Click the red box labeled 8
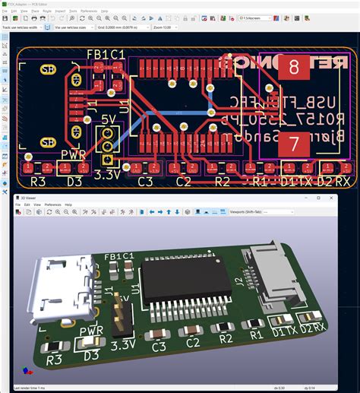(x=293, y=67)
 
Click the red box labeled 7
(x=293, y=142)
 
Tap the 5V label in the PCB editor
(x=109, y=120)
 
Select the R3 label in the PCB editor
(x=38, y=182)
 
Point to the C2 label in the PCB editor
(x=184, y=182)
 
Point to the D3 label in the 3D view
(x=92, y=355)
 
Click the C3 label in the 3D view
(x=159, y=347)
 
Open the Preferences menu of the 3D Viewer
(x=52, y=204)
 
